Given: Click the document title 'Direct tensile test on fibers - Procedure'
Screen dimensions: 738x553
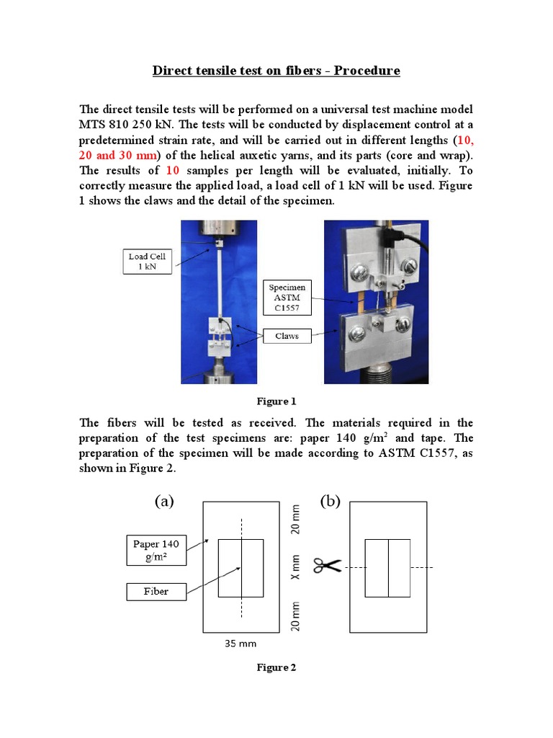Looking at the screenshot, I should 276,71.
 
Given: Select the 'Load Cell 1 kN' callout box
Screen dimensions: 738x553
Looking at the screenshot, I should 147,262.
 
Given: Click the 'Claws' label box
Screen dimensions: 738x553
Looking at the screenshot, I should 287,336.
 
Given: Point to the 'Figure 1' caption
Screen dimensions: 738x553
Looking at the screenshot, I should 276,401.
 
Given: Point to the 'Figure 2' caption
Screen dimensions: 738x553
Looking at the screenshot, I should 276,667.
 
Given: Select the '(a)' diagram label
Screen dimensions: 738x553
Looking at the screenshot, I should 165,502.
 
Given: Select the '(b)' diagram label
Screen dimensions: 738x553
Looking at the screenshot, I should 330,502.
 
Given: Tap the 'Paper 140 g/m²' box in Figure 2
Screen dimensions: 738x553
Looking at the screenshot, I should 156,549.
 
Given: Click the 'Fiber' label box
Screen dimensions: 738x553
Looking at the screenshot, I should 156,592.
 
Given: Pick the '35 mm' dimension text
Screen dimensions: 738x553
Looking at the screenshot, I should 241,643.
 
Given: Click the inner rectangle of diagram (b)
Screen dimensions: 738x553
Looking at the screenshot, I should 388,568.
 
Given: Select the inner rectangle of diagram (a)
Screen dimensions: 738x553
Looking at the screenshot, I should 240,568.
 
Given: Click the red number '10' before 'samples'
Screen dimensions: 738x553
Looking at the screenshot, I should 173,171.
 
